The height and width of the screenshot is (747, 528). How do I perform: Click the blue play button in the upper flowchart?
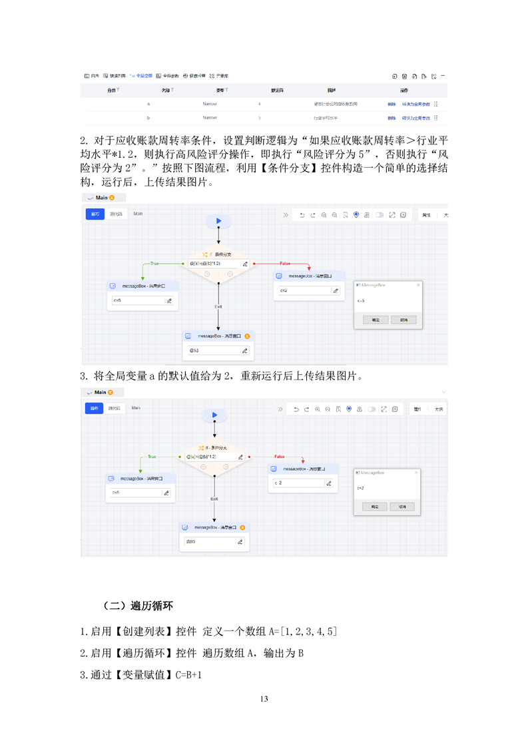218,221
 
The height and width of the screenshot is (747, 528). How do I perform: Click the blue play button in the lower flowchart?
214,415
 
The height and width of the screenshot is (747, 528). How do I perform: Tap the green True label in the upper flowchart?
154,263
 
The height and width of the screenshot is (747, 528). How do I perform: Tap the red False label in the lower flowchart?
280,457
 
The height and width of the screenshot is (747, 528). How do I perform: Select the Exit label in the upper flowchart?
218,306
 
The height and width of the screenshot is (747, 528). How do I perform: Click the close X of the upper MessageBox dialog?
418,284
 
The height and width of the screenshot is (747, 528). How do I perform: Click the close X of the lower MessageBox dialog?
416,473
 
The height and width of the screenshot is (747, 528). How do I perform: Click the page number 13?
264,698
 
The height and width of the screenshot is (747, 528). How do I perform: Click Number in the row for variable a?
210,104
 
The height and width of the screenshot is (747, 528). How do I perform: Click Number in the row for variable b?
210,118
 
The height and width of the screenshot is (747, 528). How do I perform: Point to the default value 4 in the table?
259,104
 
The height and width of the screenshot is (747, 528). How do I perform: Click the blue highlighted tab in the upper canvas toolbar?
95,214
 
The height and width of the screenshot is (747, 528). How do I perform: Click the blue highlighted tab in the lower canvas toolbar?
93,407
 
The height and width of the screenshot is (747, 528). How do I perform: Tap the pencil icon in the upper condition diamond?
245,264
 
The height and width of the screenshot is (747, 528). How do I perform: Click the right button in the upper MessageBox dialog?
403,320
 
